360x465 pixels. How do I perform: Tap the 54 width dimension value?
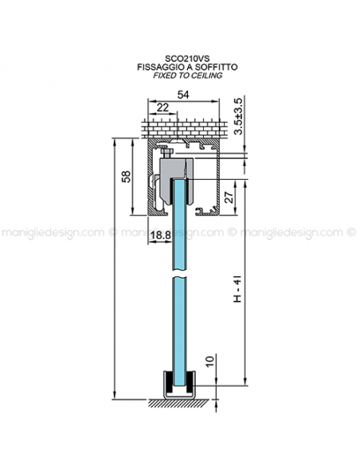coord(183,95)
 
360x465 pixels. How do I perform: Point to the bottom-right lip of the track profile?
coord(206,213)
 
